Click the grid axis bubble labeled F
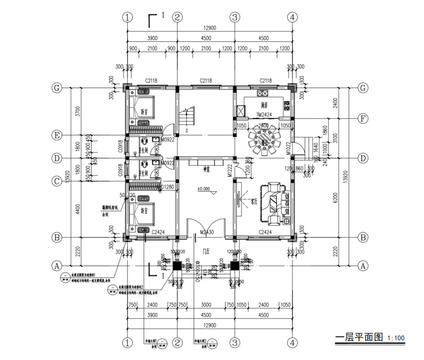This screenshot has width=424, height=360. click(362, 119)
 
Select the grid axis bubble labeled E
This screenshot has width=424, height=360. click(57, 135)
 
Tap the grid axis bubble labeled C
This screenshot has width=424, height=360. click(57, 181)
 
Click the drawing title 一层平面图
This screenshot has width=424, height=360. click(359, 337)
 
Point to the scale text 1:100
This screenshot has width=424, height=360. click(396, 338)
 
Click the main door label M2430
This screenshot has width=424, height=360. click(206, 232)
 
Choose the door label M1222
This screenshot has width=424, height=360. click(230, 171)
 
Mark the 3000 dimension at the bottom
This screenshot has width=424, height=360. click(206, 305)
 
